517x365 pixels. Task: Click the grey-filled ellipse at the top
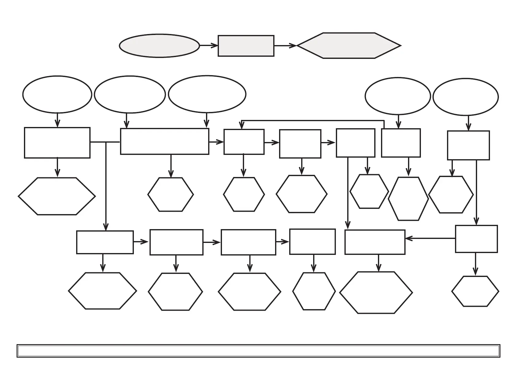pos(159,46)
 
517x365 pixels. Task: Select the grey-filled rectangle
pos(246,46)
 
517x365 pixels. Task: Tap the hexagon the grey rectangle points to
pos(349,46)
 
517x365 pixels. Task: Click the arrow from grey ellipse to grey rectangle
pos(209,46)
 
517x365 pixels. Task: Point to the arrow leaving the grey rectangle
pos(285,46)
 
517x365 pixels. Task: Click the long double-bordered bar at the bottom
pos(258,351)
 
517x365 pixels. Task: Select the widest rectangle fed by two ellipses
pos(165,141)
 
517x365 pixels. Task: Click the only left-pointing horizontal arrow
pos(430,238)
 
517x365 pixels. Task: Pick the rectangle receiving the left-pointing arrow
pos(375,242)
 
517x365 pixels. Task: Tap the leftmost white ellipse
pos(57,94)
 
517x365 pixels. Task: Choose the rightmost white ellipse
pos(465,97)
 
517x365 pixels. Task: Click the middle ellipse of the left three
pos(130,94)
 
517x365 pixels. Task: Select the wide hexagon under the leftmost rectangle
pos(57,196)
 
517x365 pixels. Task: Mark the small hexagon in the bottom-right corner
pos(475,291)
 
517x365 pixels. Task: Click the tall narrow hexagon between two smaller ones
pos(408,199)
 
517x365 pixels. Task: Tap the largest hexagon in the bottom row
pos(376,293)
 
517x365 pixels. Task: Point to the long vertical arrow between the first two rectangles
pos(106,187)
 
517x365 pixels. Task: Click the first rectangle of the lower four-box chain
pos(105,242)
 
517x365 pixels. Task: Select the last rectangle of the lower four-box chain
pos(312,242)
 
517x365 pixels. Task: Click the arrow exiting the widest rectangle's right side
pos(216,142)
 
